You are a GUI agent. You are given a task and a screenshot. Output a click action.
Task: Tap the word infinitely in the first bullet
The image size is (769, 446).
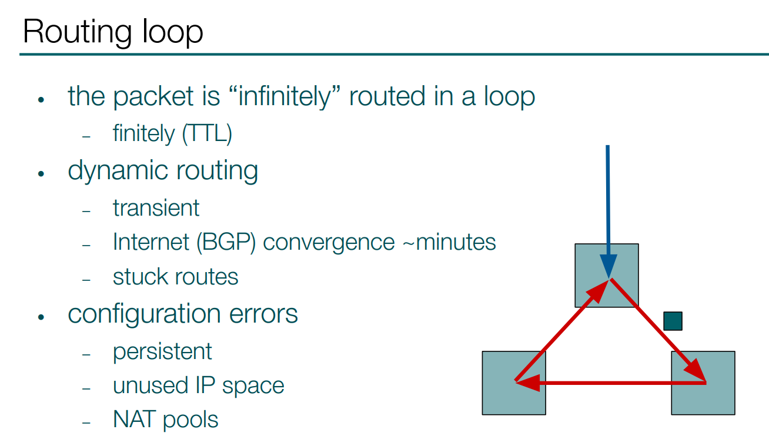(x=284, y=97)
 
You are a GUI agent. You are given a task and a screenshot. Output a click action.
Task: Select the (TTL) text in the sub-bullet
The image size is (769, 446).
(x=207, y=133)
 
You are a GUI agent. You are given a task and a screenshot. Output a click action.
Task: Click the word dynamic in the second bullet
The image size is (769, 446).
(x=118, y=171)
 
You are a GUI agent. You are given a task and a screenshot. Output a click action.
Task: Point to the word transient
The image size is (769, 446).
(x=156, y=208)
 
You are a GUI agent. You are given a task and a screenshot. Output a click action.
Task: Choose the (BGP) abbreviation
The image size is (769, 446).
(x=226, y=242)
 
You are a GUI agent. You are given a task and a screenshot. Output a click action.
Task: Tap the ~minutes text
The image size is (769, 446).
(x=449, y=242)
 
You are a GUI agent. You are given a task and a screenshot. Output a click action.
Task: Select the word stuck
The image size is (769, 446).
(x=142, y=277)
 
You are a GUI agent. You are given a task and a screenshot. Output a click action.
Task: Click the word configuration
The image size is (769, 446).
(x=145, y=315)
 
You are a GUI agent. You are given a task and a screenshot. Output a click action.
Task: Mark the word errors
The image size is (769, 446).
(x=263, y=314)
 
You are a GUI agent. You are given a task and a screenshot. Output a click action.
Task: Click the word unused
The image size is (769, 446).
(x=150, y=385)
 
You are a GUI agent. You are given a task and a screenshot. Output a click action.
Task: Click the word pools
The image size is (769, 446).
(x=190, y=420)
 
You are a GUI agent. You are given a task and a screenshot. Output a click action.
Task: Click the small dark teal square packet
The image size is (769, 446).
(x=673, y=321)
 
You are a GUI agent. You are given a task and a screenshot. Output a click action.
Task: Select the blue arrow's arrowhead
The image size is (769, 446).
(x=608, y=266)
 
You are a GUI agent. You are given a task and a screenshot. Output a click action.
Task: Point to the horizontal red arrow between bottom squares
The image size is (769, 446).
(x=610, y=383)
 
